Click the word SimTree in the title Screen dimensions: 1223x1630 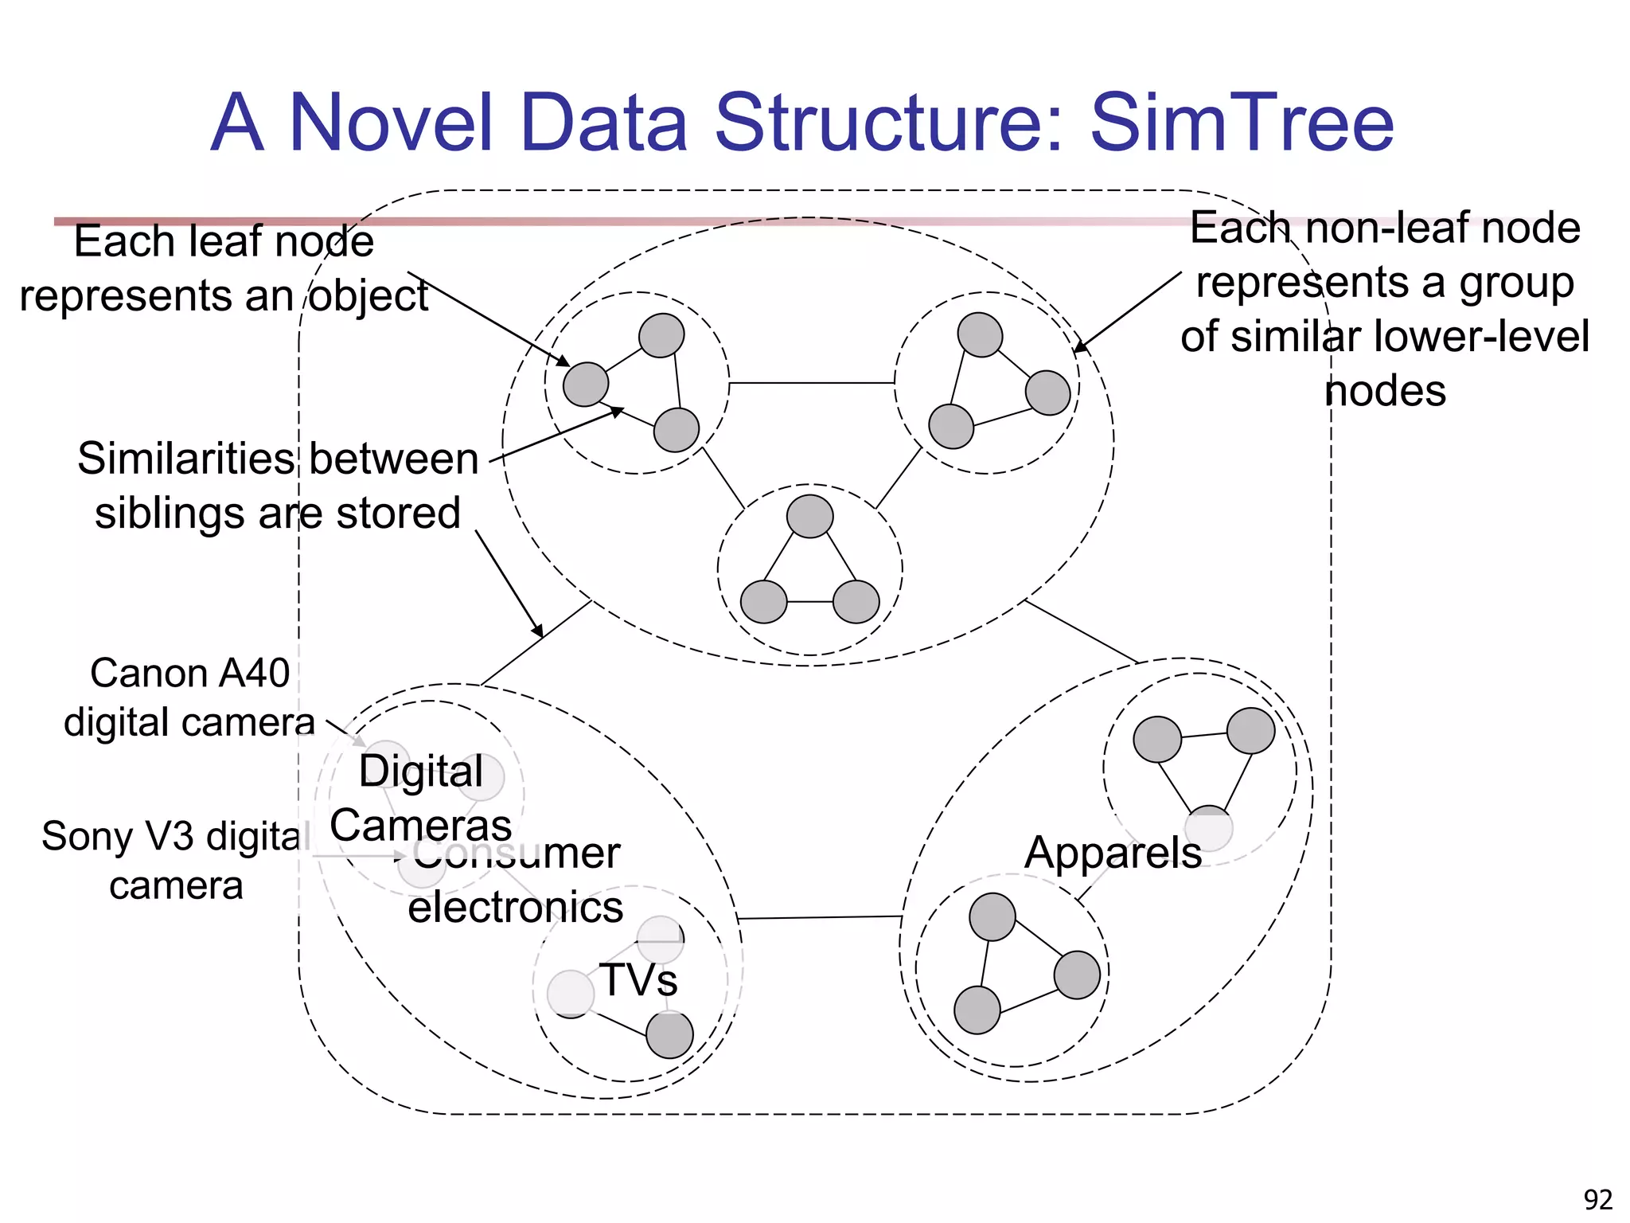click(x=1242, y=123)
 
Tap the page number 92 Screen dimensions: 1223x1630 click(x=1597, y=1199)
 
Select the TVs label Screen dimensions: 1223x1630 click(x=638, y=979)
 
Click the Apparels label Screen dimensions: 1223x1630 click(x=1112, y=853)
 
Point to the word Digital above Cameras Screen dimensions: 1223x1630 click(x=420, y=771)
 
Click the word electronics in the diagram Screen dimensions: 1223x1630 click(x=515, y=907)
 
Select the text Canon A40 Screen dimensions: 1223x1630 click(x=189, y=673)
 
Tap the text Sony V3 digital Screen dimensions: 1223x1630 click(x=175, y=836)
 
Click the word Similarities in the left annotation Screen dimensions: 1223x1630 click(x=185, y=459)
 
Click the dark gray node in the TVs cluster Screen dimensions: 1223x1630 click(x=669, y=1035)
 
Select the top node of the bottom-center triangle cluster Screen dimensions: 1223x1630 click(x=809, y=516)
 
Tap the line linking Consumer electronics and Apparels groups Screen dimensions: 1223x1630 click(x=820, y=917)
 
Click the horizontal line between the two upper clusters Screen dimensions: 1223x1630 click(x=812, y=383)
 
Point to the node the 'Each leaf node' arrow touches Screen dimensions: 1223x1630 click(x=585, y=384)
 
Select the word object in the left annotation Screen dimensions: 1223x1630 click(x=369, y=295)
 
